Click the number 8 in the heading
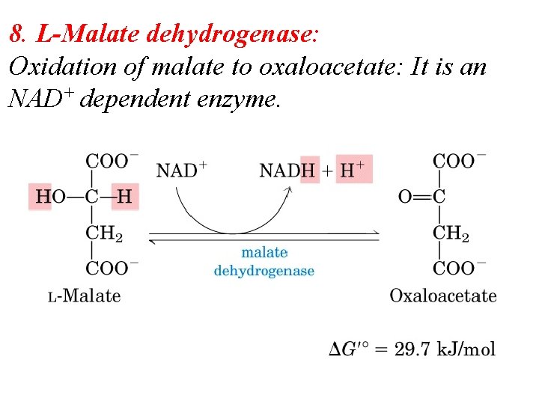point(16,34)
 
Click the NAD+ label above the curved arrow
point(181,170)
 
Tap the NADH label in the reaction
point(287,170)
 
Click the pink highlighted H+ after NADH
point(353,170)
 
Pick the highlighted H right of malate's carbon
point(125,197)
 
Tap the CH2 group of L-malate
point(104,233)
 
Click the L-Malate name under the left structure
point(85,296)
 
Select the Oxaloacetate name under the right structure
point(442,296)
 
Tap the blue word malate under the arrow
point(264,253)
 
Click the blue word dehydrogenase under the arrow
point(264,270)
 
